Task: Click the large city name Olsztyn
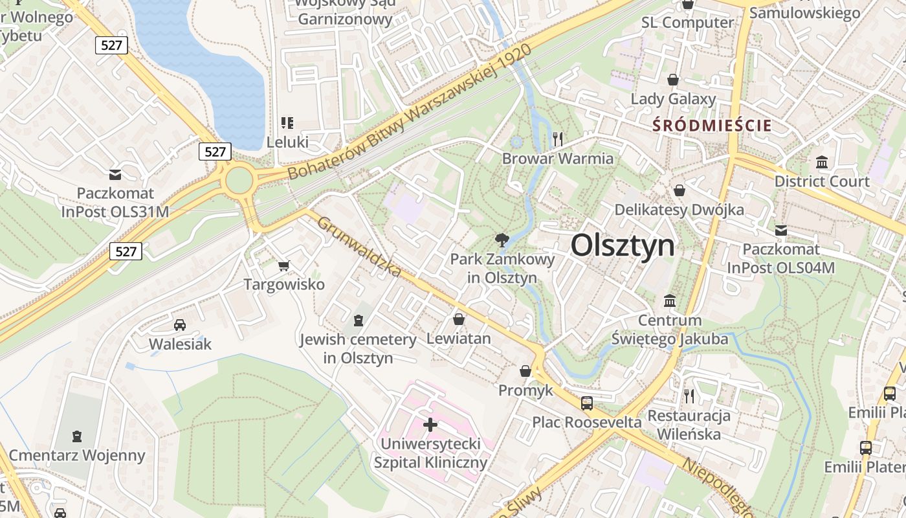[x=623, y=245]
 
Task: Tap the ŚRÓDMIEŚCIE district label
[x=712, y=125]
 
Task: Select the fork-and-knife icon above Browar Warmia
[x=558, y=139]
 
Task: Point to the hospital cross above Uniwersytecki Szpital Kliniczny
[x=430, y=425]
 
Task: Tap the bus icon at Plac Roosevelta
[x=587, y=403]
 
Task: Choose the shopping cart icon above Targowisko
[x=283, y=265]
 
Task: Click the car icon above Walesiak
[x=180, y=325]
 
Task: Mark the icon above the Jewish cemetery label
[x=359, y=320]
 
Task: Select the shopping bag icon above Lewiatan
[x=459, y=319]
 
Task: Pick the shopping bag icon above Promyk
[x=525, y=372]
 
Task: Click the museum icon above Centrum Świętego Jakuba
[x=670, y=301]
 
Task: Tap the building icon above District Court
[x=822, y=162]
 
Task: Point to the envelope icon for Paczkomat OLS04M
[x=781, y=230]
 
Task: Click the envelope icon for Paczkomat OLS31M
[x=115, y=174]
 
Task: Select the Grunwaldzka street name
[x=359, y=247]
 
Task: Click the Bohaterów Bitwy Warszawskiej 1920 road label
[x=410, y=111]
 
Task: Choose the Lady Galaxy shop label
[x=674, y=99]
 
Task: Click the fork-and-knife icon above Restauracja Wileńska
[x=689, y=396]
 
